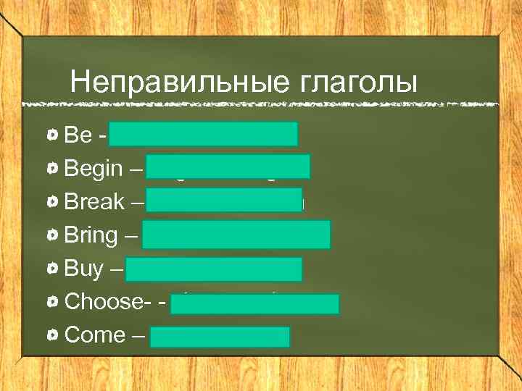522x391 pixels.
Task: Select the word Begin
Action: pyautogui.click(x=94, y=169)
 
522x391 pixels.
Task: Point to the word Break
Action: pyautogui.click(x=95, y=202)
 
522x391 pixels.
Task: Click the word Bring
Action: pyautogui.click(x=91, y=235)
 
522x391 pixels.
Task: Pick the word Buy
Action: pyautogui.click(x=84, y=269)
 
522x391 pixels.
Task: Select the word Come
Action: pyautogui.click(x=95, y=335)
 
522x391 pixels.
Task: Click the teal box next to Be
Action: pyautogui.click(x=204, y=134)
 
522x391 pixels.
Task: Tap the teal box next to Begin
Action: pyautogui.click(x=228, y=166)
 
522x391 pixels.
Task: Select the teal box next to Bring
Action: pyautogui.click(x=236, y=235)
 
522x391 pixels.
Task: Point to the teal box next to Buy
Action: pyautogui.click(x=214, y=269)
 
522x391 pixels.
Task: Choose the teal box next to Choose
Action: pyautogui.click(x=255, y=303)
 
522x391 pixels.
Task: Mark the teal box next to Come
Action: pyautogui.click(x=220, y=337)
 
